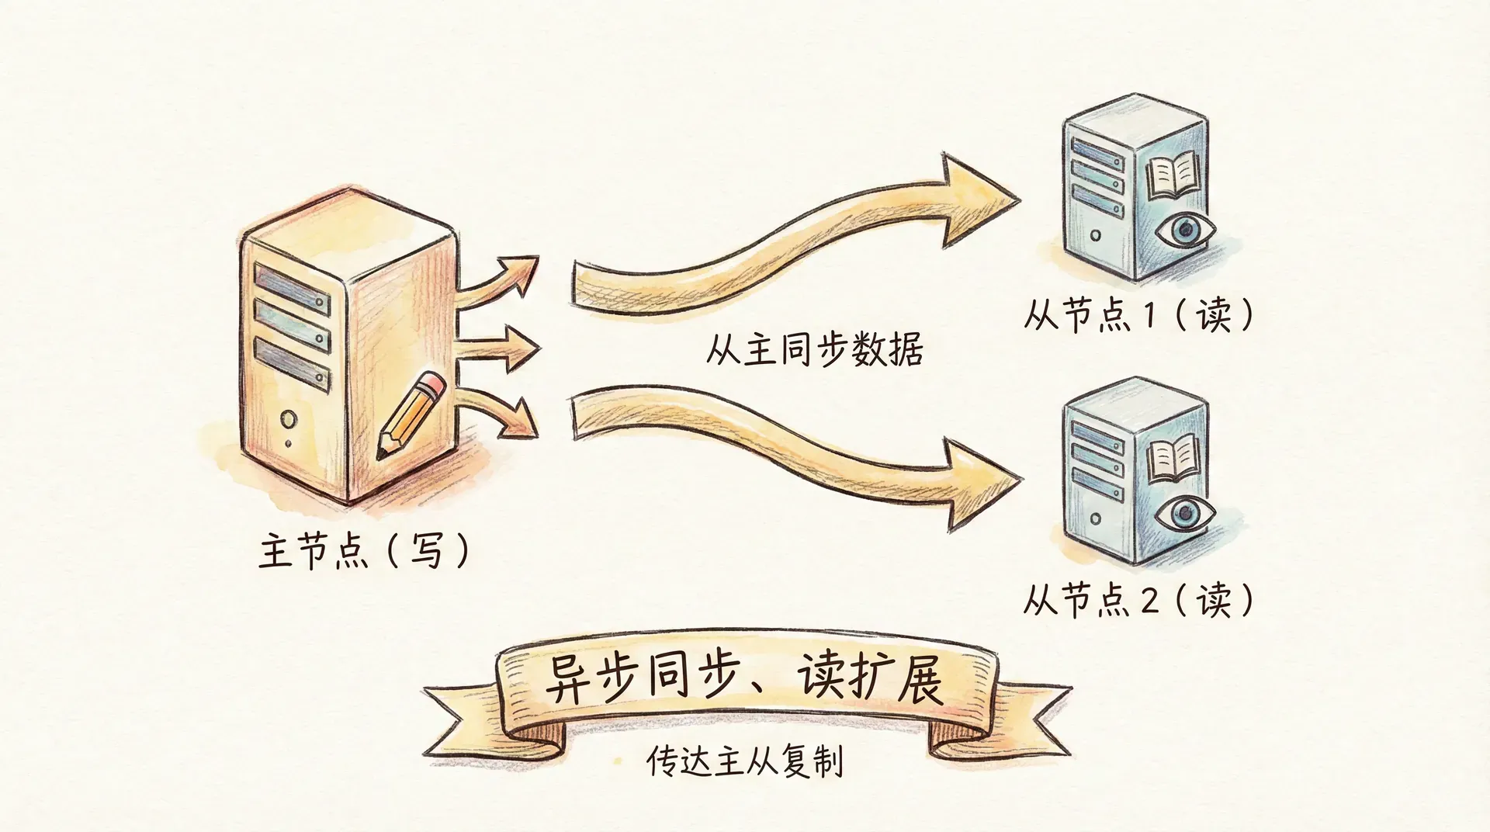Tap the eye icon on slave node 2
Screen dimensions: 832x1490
[1184, 513]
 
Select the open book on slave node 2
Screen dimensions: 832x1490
[1174, 459]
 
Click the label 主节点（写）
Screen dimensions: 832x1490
[364, 550]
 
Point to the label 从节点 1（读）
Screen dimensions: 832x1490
[1138, 315]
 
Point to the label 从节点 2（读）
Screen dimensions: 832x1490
[1138, 600]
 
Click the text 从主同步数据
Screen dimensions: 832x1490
[814, 349]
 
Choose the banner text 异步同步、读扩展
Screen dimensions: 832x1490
[743, 681]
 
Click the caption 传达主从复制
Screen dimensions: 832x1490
[744, 761]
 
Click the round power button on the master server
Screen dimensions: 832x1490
[289, 420]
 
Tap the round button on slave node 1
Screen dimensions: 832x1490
[1095, 235]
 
